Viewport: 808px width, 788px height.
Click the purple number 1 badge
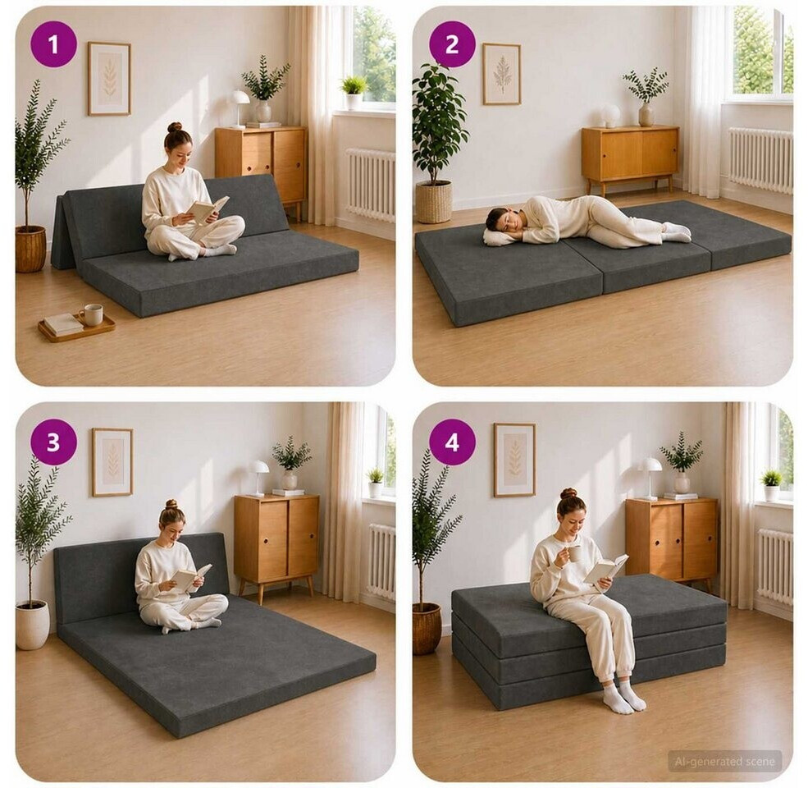pyautogui.click(x=53, y=44)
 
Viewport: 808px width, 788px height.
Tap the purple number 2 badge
pyautogui.click(x=451, y=44)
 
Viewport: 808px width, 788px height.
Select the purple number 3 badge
pyautogui.click(x=53, y=442)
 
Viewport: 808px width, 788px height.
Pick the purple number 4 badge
pyautogui.click(x=452, y=442)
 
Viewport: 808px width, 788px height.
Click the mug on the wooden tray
pyautogui.click(x=92, y=314)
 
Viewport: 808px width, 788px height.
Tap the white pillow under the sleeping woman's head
pyautogui.click(x=500, y=236)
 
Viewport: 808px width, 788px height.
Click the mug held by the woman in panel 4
pyautogui.click(x=573, y=553)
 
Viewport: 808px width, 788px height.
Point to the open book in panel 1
pyautogui.click(x=207, y=208)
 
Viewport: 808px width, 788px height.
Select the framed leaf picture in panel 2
pyautogui.click(x=501, y=74)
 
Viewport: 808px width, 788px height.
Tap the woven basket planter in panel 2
pyautogui.click(x=434, y=202)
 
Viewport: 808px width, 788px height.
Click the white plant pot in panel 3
pyautogui.click(x=33, y=625)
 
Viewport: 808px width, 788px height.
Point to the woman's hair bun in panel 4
pyautogui.click(x=569, y=493)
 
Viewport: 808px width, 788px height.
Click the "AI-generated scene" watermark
pyautogui.click(x=724, y=761)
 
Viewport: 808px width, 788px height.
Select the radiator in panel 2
pyautogui.click(x=760, y=159)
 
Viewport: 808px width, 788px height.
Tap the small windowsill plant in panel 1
pyautogui.click(x=354, y=92)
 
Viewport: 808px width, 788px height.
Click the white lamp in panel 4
pyautogui.click(x=650, y=478)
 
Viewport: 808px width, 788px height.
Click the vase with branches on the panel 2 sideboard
pyautogui.click(x=645, y=96)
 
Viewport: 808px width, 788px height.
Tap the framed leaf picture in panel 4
pyautogui.click(x=514, y=460)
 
